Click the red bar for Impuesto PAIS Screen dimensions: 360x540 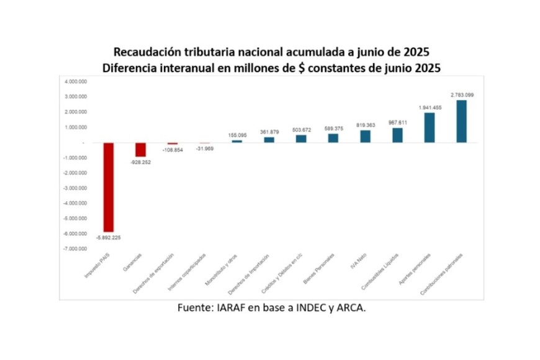pyautogui.click(x=108, y=187)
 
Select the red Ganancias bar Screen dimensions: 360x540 pyautogui.click(x=141, y=150)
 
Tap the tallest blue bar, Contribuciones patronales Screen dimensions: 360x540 pyautogui.click(x=461, y=121)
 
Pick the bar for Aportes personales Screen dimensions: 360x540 pyautogui.click(x=429, y=127)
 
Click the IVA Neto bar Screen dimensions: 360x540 pyautogui.click(x=365, y=136)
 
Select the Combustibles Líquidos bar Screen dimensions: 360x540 pyautogui.click(x=397, y=135)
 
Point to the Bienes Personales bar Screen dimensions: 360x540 pyautogui.click(x=333, y=138)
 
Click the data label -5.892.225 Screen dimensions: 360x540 pyautogui.click(x=107, y=237)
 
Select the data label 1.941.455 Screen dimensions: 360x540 pyautogui.click(x=430, y=107)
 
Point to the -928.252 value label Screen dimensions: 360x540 pyautogui.click(x=140, y=162)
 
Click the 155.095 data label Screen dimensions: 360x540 pyautogui.click(x=237, y=135)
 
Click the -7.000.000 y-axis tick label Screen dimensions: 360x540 pyautogui.click(x=74, y=249)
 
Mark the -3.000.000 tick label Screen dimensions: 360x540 pyautogui.click(x=74, y=188)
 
